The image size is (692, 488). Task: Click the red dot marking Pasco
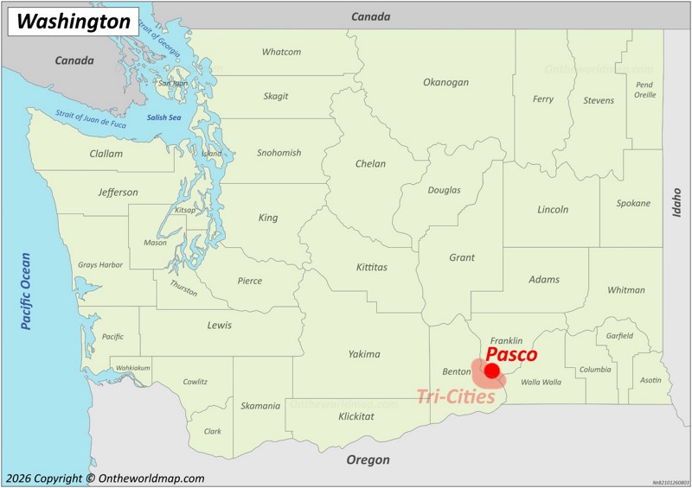click(x=492, y=371)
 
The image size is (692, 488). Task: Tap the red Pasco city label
click(x=511, y=354)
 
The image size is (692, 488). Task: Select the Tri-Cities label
click(x=456, y=396)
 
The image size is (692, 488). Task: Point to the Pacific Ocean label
click(x=26, y=291)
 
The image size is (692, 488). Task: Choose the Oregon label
click(x=368, y=459)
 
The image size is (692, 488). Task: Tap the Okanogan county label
click(x=445, y=82)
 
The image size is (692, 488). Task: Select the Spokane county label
click(x=633, y=203)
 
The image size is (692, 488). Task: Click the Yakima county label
click(x=364, y=353)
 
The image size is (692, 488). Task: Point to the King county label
click(x=268, y=218)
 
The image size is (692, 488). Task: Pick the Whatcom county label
click(x=281, y=52)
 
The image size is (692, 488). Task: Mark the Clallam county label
click(x=106, y=154)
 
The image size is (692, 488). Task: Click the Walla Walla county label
click(x=541, y=381)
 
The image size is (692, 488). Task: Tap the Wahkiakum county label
click(x=133, y=368)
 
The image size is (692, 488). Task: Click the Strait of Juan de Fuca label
click(x=91, y=119)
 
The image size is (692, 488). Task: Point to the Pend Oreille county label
click(x=644, y=89)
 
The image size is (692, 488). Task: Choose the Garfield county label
click(x=619, y=335)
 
